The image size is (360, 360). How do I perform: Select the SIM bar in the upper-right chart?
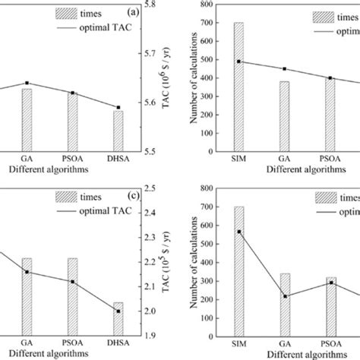pos(238,87)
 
